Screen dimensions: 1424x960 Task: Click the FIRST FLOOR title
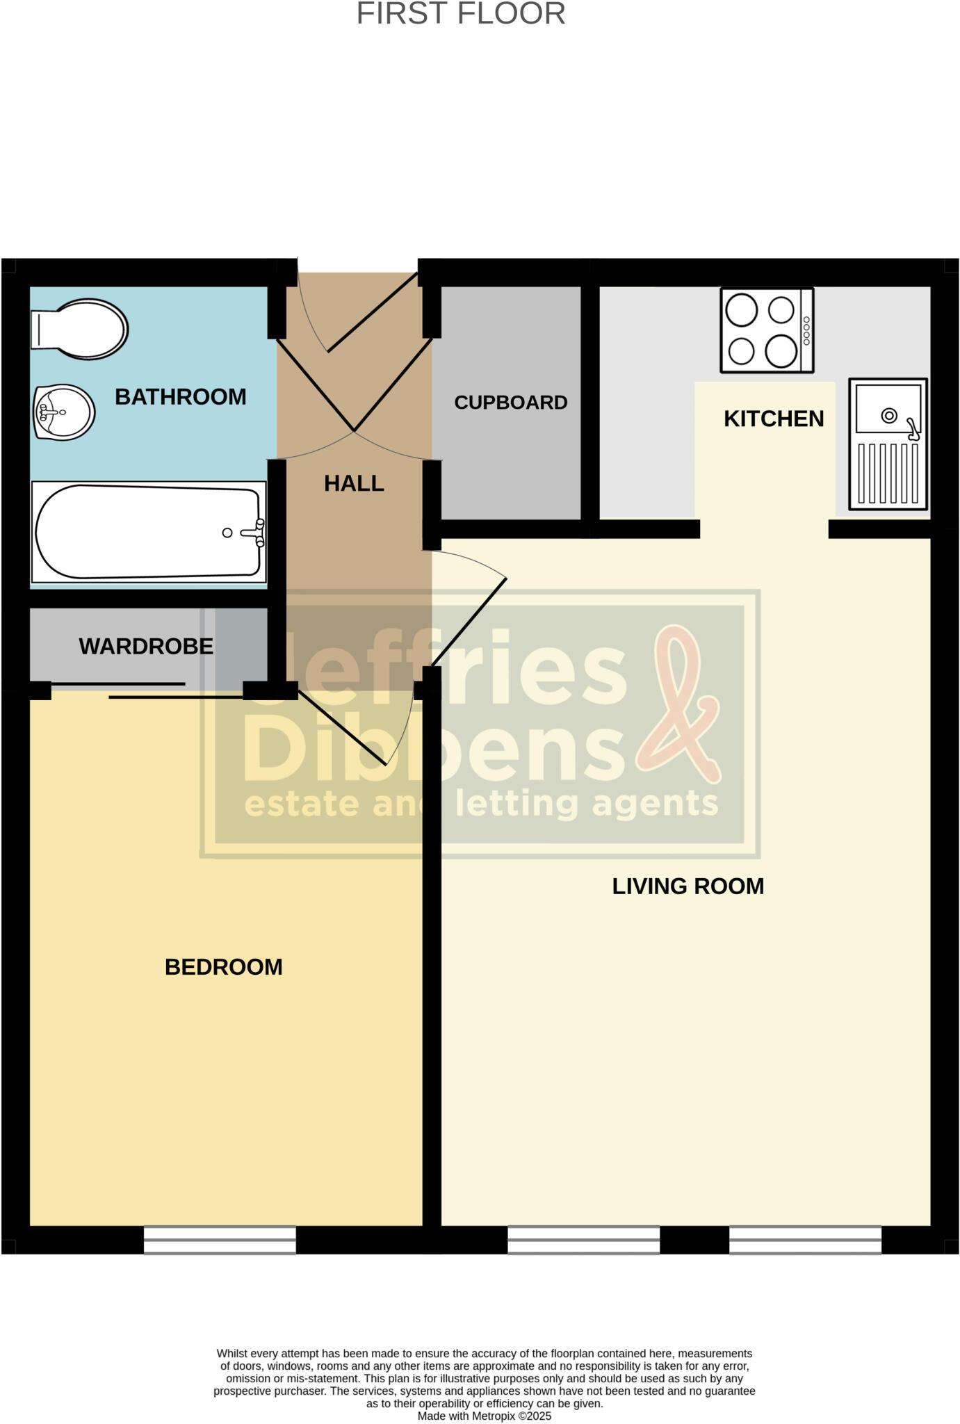click(x=461, y=14)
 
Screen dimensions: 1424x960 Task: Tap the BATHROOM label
click(x=180, y=397)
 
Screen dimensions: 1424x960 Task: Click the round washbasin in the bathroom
click(x=64, y=412)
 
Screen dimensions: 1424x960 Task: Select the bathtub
click(x=148, y=532)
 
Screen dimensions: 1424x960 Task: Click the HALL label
click(x=354, y=483)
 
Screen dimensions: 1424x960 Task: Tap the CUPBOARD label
click(x=511, y=403)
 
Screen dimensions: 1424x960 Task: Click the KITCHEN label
click(x=774, y=419)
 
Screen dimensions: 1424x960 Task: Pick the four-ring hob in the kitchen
click(x=767, y=330)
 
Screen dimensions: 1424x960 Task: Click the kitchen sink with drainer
click(x=888, y=444)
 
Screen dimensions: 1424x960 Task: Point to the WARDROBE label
click(x=146, y=647)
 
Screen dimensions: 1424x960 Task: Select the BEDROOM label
click(x=223, y=966)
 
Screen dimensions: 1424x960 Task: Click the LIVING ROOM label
click(x=688, y=886)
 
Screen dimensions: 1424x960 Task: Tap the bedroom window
click(x=220, y=1240)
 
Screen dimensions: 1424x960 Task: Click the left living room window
click(x=583, y=1240)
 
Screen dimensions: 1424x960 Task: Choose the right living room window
click(x=805, y=1240)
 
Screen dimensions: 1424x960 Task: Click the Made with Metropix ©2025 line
click(x=484, y=1416)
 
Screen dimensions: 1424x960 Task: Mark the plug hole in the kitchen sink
click(x=888, y=416)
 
